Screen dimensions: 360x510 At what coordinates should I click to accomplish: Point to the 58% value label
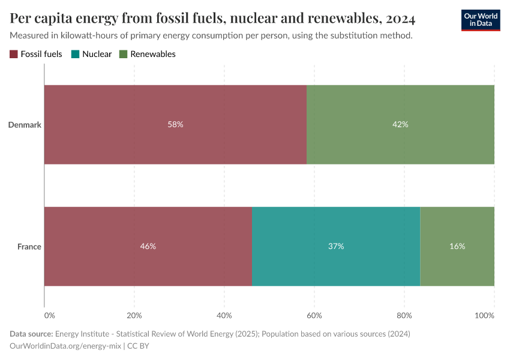coord(175,124)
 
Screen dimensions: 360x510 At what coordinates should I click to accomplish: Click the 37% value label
coord(336,247)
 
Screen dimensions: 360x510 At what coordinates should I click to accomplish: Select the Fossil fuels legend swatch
coord(14,54)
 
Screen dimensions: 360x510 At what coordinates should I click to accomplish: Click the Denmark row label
coord(24,125)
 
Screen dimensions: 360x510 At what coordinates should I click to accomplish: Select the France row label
coord(29,247)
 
